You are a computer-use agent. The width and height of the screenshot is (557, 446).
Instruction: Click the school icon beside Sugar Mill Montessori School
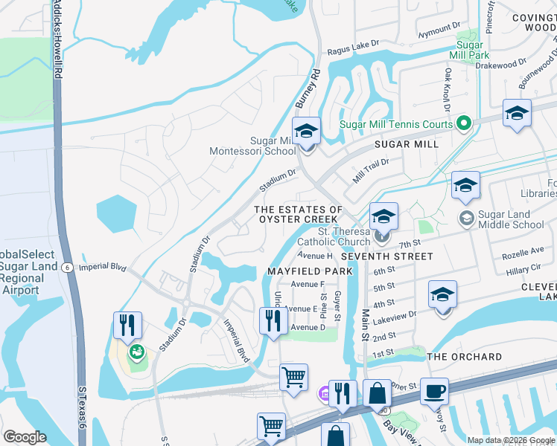[305, 132]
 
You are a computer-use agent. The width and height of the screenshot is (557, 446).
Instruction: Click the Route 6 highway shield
[66, 268]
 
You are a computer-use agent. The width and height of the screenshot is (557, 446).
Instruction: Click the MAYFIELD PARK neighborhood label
[310, 271]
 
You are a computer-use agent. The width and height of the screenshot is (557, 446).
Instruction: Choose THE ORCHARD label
[465, 357]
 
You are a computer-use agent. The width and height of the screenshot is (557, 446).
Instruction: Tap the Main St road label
[366, 326]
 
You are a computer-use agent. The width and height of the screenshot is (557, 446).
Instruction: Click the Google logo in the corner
[25, 437]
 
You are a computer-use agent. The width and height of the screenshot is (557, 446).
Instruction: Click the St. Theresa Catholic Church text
[334, 236]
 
